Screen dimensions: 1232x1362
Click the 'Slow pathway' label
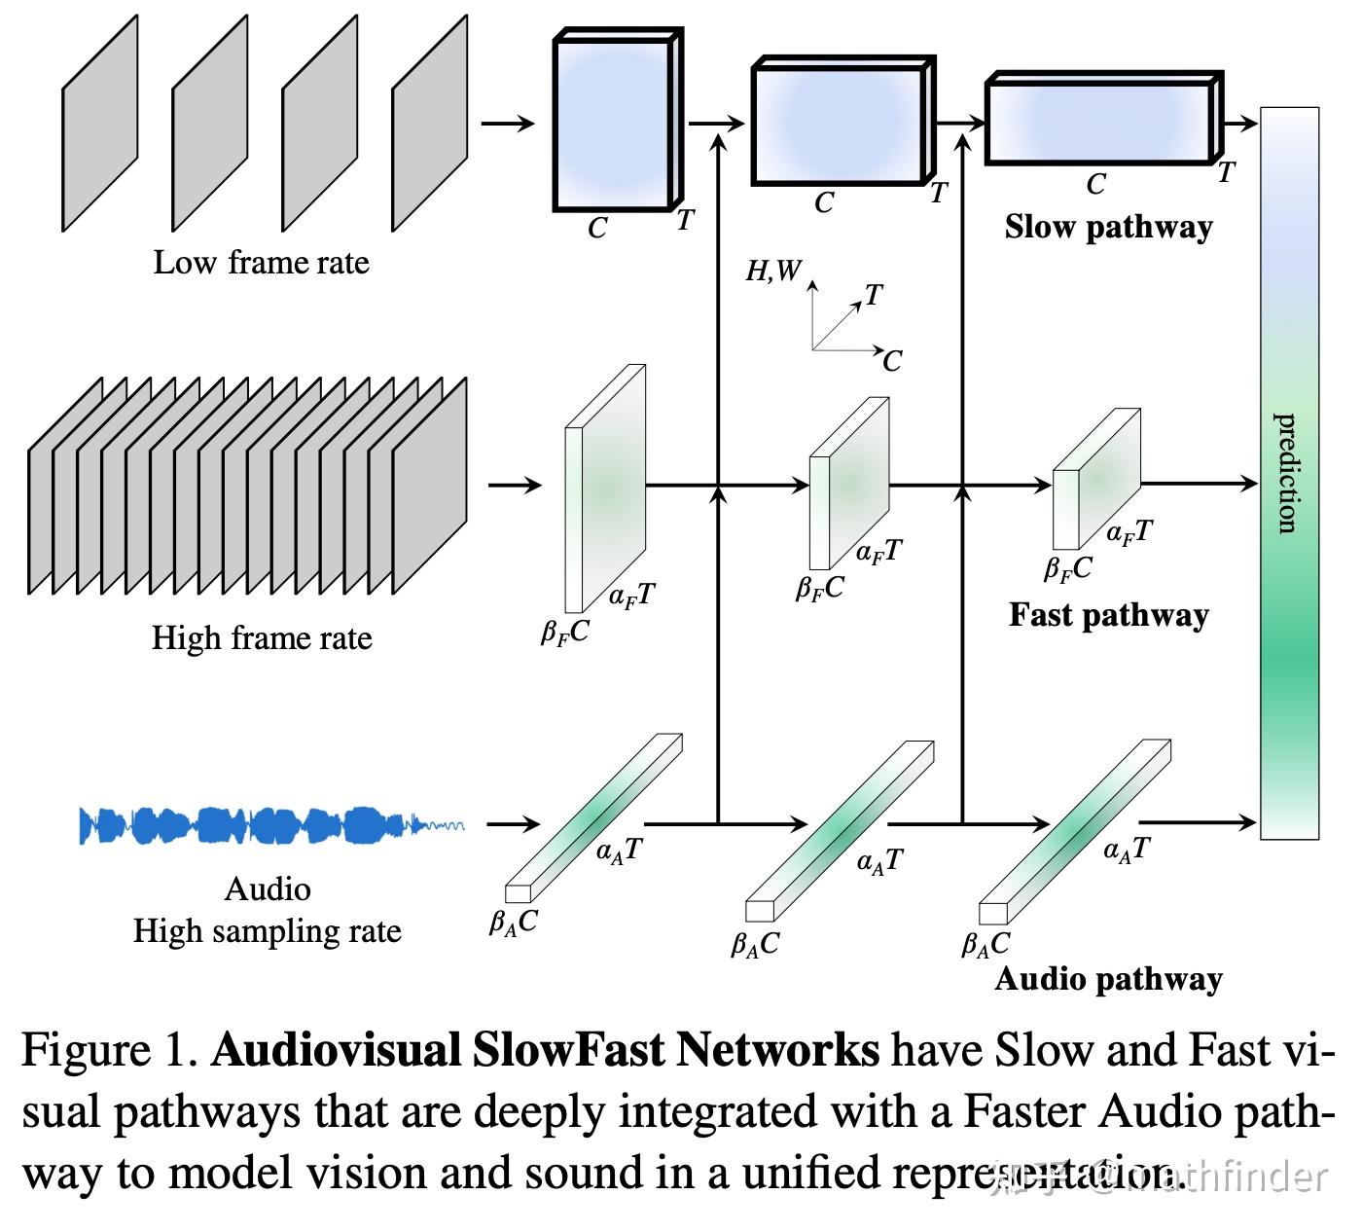coord(1108,227)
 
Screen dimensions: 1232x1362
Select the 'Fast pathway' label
coord(1108,615)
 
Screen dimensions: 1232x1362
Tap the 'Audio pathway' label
coord(1108,978)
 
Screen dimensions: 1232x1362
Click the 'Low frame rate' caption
coord(261,263)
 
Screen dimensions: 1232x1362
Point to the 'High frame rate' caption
coord(261,638)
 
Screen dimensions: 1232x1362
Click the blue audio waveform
coord(263,825)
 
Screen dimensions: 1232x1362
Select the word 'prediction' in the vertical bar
coord(1287,473)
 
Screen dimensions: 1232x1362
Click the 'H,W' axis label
coord(772,271)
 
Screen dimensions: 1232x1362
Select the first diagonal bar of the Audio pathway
coord(593,817)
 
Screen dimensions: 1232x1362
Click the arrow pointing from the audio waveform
coord(513,824)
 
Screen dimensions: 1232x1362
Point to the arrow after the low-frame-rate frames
coord(508,123)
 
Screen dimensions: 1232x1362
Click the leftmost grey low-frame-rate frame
coord(99,124)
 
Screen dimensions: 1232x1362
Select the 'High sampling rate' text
coord(267,931)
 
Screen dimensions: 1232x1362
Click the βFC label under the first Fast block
coord(565,634)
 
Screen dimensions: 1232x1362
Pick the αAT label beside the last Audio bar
coord(1127,850)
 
